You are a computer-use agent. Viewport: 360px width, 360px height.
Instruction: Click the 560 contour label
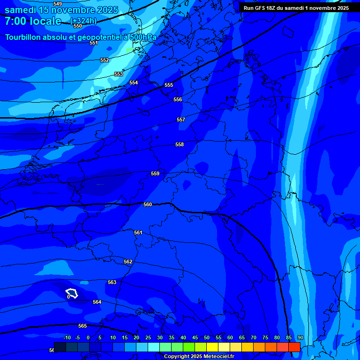148,204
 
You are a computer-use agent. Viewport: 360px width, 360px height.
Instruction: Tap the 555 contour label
169,85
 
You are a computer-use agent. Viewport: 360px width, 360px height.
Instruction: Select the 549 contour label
58,4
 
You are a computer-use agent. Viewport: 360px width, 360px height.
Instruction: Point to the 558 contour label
180,144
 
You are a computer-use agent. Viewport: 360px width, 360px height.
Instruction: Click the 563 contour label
112,282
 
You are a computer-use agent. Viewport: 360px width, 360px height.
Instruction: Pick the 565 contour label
82,326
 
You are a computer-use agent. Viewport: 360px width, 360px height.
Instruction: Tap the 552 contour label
105,60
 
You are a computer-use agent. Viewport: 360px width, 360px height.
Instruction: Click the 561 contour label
138,232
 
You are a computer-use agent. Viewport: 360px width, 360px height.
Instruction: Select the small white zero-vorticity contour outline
72,293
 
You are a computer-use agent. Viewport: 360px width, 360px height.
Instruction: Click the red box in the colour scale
294,347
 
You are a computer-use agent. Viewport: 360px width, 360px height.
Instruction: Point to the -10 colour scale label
67,338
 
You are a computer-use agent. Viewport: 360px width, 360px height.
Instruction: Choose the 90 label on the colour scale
300,338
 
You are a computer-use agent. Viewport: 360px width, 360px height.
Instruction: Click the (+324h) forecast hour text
83,21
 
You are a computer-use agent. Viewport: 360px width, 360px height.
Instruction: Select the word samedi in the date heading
21,9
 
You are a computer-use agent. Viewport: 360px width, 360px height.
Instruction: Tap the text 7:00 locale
33,21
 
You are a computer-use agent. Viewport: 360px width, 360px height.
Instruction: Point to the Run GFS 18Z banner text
296,8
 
